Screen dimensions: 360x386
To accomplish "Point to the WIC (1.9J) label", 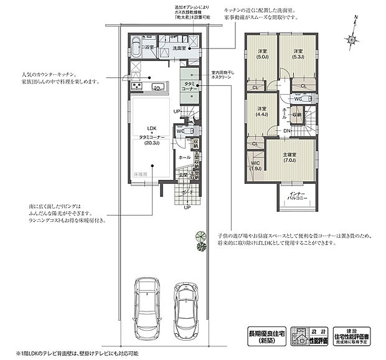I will point(256,166).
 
